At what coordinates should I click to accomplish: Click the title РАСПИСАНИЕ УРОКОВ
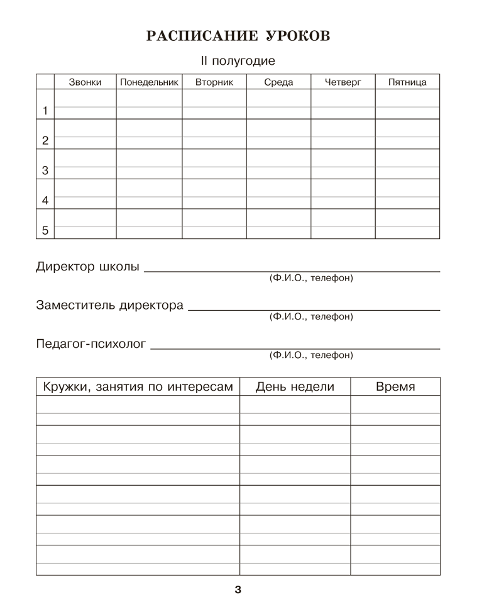click(238, 36)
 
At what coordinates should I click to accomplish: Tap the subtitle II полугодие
click(238, 62)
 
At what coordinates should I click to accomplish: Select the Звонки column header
click(85, 82)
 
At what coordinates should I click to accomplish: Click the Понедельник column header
click(149, 82)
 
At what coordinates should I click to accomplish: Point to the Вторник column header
click(214, 82)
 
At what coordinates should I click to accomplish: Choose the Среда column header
click(278, 82)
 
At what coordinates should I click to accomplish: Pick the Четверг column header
click(343, 82)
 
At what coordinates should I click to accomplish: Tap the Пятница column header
click(407, 82)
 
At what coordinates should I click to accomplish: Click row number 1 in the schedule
click(45, 111)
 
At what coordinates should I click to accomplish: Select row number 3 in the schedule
click(45, 170)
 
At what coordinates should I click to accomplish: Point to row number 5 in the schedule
click(45, 230)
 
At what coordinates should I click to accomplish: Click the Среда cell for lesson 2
click(278, 133)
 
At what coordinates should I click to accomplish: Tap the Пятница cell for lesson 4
click(407, 193)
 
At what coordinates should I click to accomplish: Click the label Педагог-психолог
click(91, 344)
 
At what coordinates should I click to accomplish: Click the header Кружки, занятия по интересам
click(138, 386)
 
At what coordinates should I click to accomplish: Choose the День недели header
click(295, 386)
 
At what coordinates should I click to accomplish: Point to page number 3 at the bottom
click(238, 589)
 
